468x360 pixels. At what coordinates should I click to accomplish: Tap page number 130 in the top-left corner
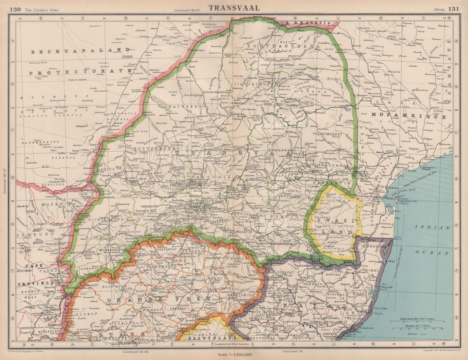tap(15, 9)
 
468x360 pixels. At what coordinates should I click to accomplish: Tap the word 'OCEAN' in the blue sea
tap(438, 253)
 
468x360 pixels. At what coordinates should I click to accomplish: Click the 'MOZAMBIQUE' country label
tap(408, 116)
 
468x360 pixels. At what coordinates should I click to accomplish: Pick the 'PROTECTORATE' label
tap(80, 73)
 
